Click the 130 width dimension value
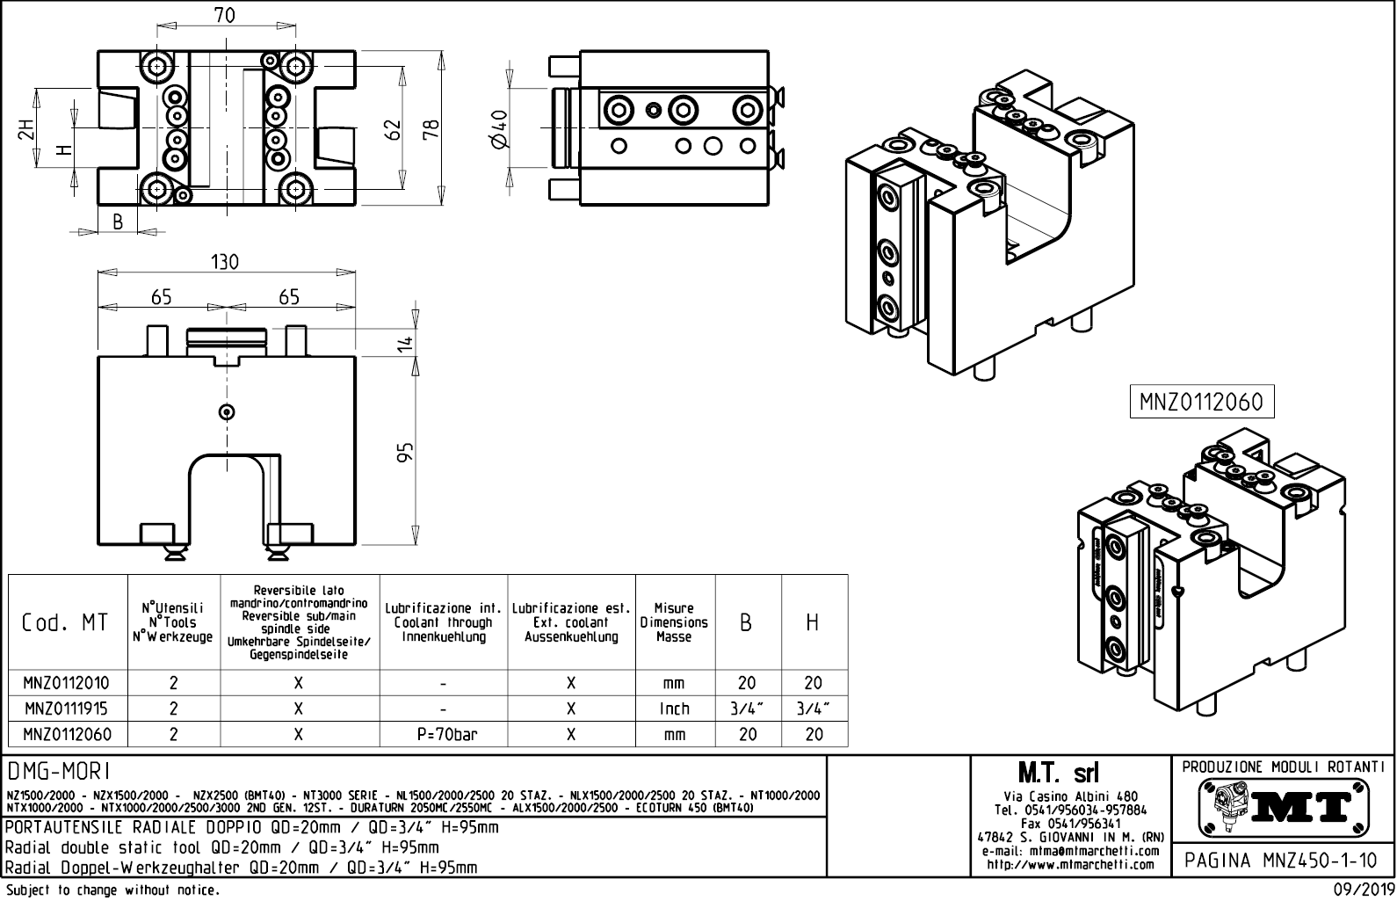pos(224,262)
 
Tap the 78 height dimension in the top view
pos(431,129)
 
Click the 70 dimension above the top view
pos(224,16)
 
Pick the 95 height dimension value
pos(405,453)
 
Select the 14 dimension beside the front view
pos(405,343)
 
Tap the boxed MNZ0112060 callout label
pos(1200,403)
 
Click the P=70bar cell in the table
pos(444,734)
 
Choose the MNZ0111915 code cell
pos(67,708)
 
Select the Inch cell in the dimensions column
pos(674,708)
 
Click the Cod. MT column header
pos(65,622)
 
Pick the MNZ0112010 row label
pos(67,683)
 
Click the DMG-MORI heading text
pos(58,771)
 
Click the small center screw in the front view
pos(228,411)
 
